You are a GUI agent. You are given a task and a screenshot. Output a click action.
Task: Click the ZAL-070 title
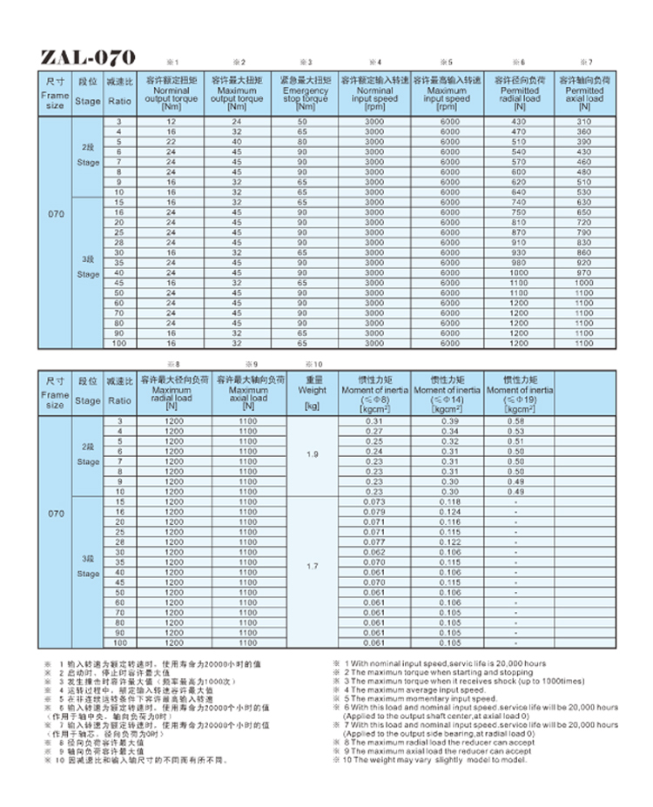pyautogui.click(x=88, y=57)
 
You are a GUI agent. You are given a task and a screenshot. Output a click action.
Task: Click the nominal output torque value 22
pyautogui.click(x=171, y=141)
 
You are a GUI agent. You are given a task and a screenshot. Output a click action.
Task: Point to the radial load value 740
pyautogui.click(x=518, y=202)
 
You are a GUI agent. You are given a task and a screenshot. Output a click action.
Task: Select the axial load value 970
pyautogui.click(x=583, y=273)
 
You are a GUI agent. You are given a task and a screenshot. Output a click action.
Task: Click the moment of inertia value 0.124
pyautogui.click(x=449, y=513)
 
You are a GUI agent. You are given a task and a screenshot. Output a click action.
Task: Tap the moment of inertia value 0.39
pyautogui.click(x=449, y=421)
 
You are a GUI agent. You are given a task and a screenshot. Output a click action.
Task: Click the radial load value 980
pyautogui.click(x=518, y=263)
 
